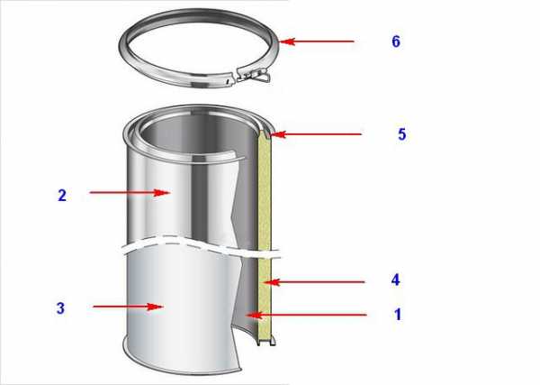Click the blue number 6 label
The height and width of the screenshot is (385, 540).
(396, 41)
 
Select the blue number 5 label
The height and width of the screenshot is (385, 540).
(402, 134)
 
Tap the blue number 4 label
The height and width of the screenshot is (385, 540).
(395, 280)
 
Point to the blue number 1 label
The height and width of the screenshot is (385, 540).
(398, 315)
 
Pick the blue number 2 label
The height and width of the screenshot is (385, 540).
(62, 196)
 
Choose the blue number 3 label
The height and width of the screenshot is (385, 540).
(60, 308)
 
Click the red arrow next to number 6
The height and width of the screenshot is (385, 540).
(317, 41)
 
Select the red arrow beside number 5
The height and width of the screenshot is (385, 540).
(316, 133)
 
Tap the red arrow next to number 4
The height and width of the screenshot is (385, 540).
(315, 282)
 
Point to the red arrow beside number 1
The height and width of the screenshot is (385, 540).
(307, 315)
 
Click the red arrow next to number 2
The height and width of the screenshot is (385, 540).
(130, 193)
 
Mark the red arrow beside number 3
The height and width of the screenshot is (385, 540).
(128, 307)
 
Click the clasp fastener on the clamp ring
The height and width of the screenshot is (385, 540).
(253, 75)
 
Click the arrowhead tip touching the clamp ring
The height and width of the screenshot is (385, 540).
(279, 41)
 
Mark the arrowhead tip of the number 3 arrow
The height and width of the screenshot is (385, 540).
(164, 307)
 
